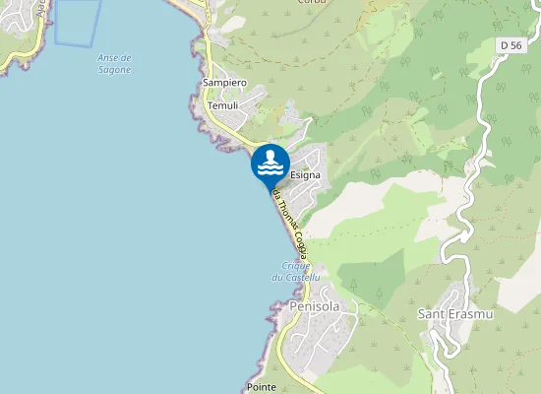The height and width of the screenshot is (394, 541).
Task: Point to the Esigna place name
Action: pyautogui.click(x=305, y=174)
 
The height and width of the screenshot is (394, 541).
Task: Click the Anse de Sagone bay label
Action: pyautogui.click(x=115, y=65)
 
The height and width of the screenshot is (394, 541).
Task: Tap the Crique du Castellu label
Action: pyautogui.click(x=296, y=272)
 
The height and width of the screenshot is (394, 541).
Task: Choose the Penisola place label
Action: pyautogui.click(x=315, y=307)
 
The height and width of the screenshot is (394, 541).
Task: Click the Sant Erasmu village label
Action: pyautogui.click(x=452, y=314)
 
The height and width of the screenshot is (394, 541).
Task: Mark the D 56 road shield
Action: pyautogui.click(x=510, y=45)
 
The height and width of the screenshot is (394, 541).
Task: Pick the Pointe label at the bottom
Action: pyautogui.click(x=262, y=388)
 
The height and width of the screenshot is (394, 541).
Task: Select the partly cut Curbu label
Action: pyautogui.click(x=314, y=3)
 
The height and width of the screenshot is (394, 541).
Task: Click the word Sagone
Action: pyautogui.click(x=115, y=71)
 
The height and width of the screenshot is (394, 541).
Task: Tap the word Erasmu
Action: pyautogui.click(x=467, y=314)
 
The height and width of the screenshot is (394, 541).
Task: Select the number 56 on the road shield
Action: pyautogui.click(x=515, y=45)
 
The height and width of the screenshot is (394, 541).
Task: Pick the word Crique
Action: pyautogui.click(x=296, y=266)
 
